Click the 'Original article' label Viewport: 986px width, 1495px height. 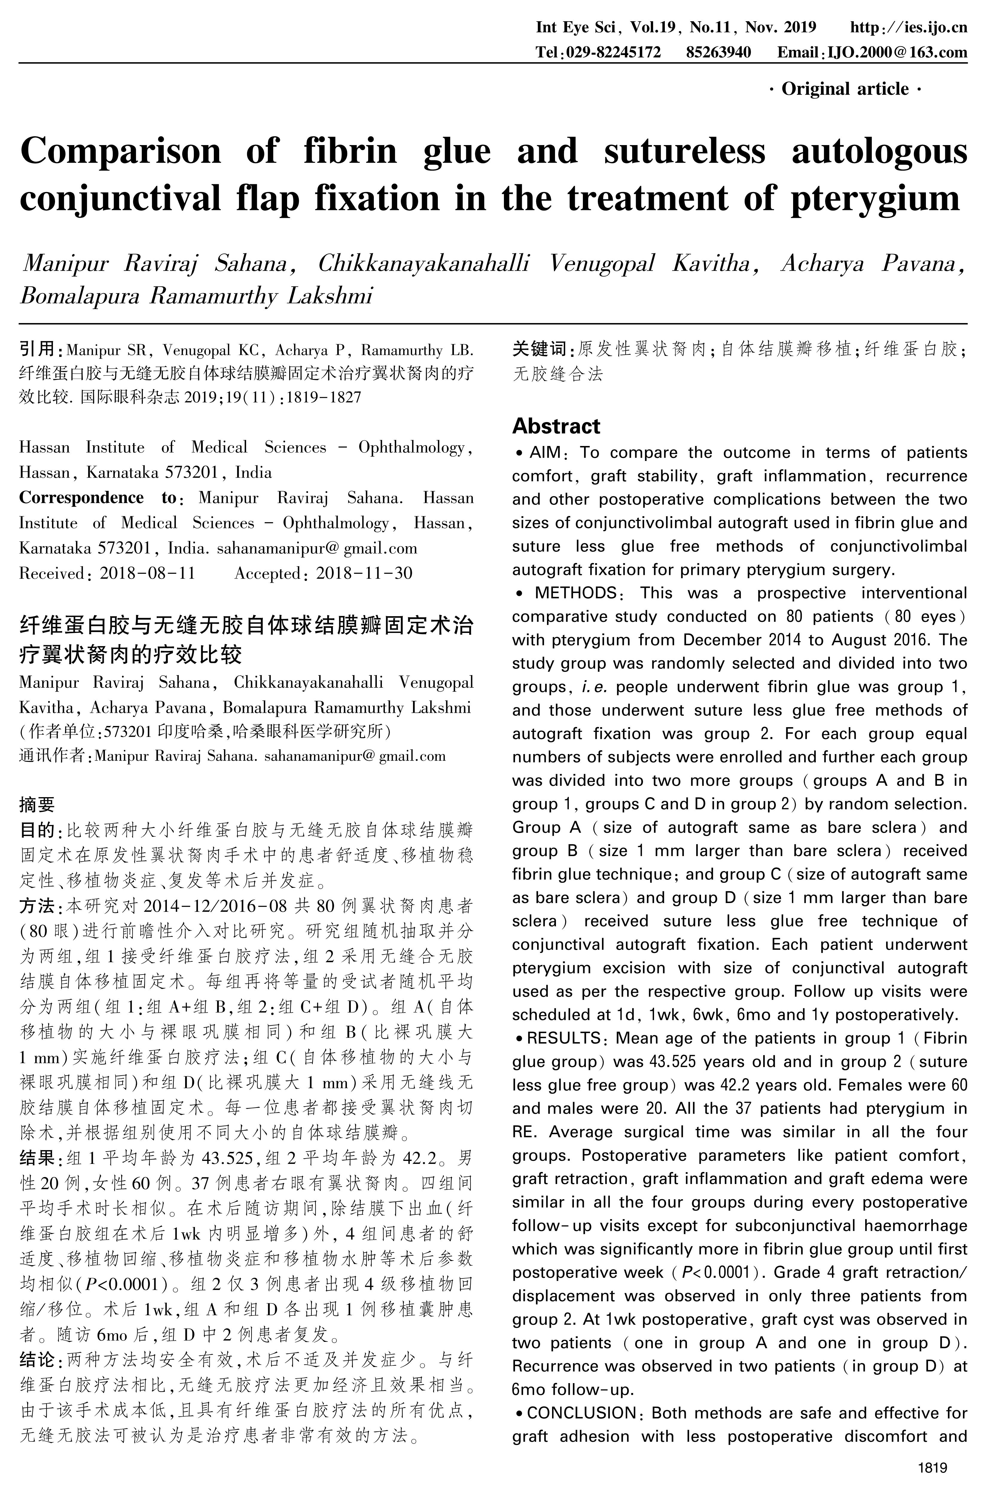(845, 89)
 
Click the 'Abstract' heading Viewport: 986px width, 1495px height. (556, 427)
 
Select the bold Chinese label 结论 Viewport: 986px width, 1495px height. (37, 1360)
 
